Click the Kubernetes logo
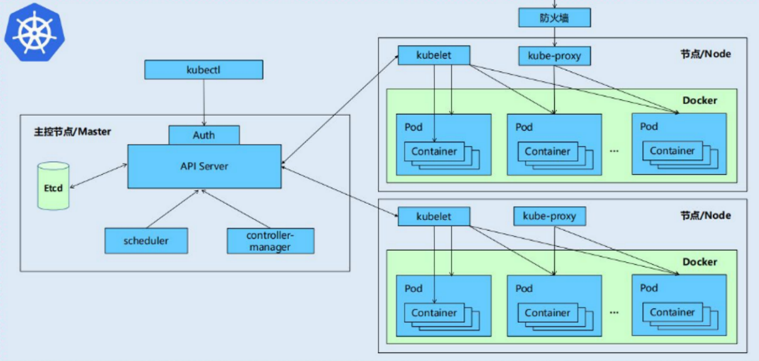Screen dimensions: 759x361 [34, 32]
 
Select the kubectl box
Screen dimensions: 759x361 [204, 69]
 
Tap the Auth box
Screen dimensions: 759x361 [204, 135]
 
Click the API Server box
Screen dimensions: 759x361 [204, 166]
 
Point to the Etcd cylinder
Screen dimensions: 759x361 [53, 186]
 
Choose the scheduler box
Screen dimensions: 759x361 [146, 241]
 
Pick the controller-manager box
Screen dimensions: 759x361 [270, 241]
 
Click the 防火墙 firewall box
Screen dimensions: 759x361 [554, 18]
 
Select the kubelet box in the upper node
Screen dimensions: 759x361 [434, 55]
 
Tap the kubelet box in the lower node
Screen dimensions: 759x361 [434, 216]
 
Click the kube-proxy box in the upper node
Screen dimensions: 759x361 [554, 56]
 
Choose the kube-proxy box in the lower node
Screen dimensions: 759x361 [549, 216]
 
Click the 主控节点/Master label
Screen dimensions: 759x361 [72, 132]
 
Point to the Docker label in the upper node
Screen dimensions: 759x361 [700, 100]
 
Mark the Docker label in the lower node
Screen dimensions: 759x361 [700, 262]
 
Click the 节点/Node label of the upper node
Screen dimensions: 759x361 [706, 54]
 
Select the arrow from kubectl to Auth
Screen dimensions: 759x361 [204, 103]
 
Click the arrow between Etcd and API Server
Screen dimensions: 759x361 [99, 176]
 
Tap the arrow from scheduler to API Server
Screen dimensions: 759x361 [172, 209]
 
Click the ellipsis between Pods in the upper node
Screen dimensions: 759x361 [614, 151]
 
